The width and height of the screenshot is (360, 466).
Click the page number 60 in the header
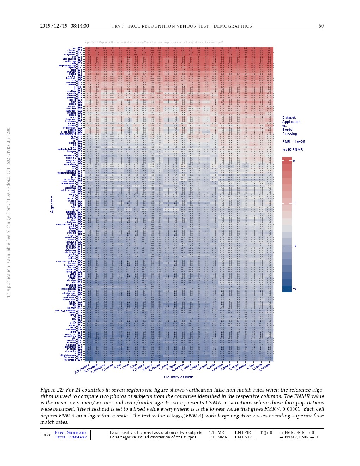[x=321, y=26]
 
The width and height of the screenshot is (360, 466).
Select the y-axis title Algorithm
[x=52, y=204]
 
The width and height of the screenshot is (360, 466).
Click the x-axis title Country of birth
[x=179, y=377]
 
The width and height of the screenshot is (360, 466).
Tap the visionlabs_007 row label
[x=73, y=360]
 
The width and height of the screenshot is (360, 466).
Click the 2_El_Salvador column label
[x=83, y=368]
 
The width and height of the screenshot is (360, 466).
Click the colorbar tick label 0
[x=294, y=161]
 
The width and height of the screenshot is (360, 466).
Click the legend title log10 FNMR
[x=292, y=150]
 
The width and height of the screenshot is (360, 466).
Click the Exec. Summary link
[x=71, y=433]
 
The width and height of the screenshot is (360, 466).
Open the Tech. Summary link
[x=71, y=437]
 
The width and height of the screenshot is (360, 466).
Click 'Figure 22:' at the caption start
[x=52, y=390]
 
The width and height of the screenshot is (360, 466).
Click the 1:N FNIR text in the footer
[x=243, y=437]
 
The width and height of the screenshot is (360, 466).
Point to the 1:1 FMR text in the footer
[x=216, y=433]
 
